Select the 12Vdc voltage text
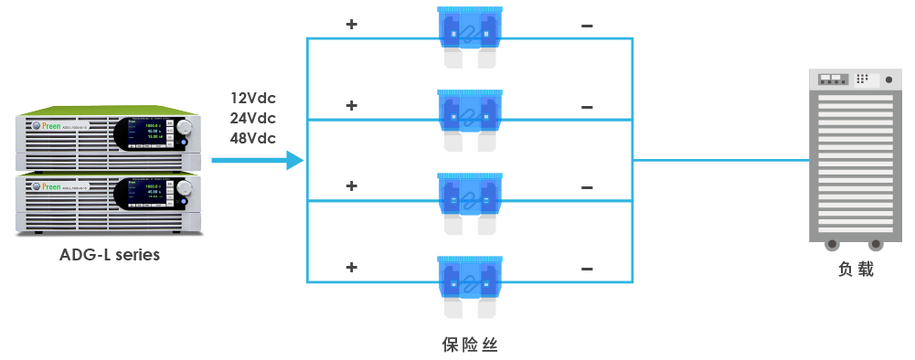(x=253, y=98)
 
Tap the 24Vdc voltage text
(x=253, y=118)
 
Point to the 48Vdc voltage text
(x=253, y=138)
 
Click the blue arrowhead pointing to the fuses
(x=293, y=161)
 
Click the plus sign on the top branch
(x=351, y=25)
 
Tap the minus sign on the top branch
(x=587, y=26)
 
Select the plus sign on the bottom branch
(x=351, y=268)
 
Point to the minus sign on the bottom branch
(x=587, y=269)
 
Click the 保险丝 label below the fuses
(x=470, y=344)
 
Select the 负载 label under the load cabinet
(x=856, y=270)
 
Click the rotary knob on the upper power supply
(x=186, y=127)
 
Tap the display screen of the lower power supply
(x=144, y=194)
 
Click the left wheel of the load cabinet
(x=832, y=245)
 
